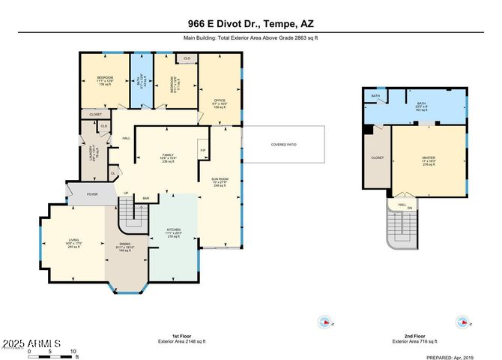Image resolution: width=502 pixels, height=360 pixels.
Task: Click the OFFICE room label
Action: tap(220, 100)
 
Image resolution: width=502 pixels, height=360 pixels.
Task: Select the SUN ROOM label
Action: tap(220, 178)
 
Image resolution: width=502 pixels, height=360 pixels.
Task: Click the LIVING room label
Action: tap(73, 240)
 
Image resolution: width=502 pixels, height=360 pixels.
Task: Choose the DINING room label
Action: tap(123, 244)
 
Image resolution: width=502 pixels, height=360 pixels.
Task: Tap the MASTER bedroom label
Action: tap(428, 157)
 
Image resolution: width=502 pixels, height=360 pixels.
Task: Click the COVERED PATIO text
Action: tap(283, 144)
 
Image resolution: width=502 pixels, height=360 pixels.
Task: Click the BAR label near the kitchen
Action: tap(146, 198)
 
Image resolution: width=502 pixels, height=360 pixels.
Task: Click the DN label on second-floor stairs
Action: tap(410, 208)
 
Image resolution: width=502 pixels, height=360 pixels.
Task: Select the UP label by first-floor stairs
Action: tap(126, 192)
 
